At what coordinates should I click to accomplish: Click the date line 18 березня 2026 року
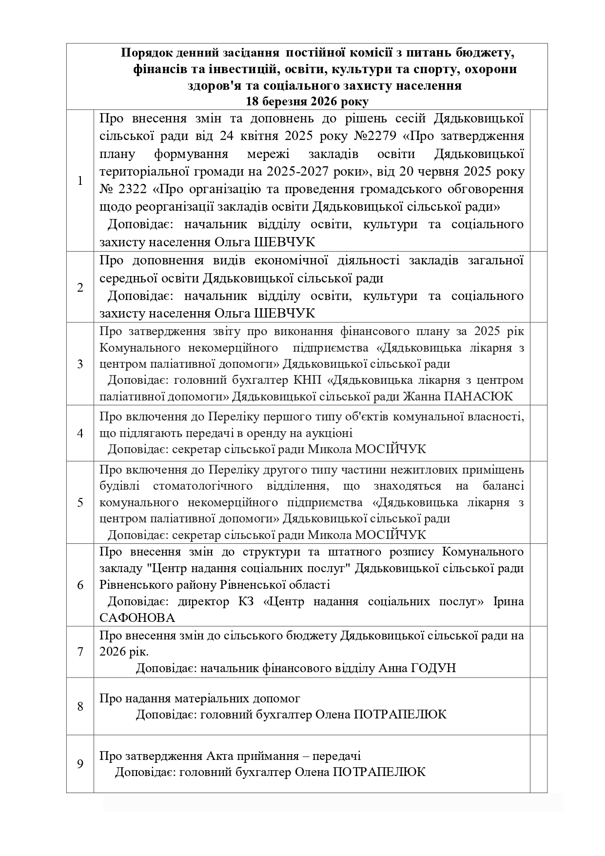pyautogui.click(x=307, y=101)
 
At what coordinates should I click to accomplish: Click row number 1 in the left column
pyautogui.click(x=80, y=180)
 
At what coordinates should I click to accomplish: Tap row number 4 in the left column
pyautogui.click(x=80, y=433)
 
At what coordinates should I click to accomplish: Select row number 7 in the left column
pyautogui.click(x=80, y=652)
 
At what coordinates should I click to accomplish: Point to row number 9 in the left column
pyautogui.click(x=80, y=763)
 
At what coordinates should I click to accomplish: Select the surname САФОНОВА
pyautogui.click(x=137, y=618)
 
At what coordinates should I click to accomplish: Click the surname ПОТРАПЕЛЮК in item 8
pyautogui.click(x=399, y=715)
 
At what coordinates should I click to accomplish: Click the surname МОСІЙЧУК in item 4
pyautogui.click(x=390, y=449)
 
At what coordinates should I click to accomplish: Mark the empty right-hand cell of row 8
pyautogui.click(x=538, y=706)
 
